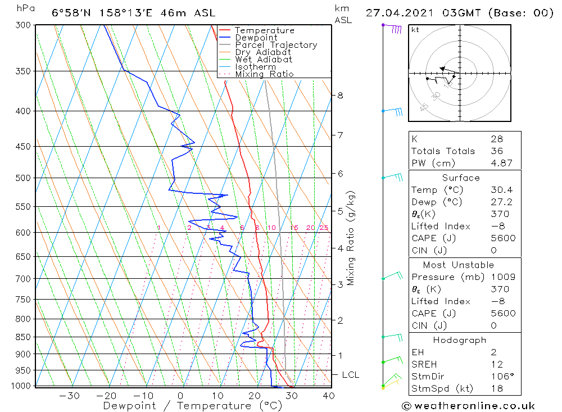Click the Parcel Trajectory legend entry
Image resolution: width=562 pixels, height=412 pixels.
pyautogui.click(x=276, y=45)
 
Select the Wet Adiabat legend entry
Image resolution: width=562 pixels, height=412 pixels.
pyautogui.click(x=264, y=60)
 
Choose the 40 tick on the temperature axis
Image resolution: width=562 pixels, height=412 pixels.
pyautogui.click(x=329, y=396)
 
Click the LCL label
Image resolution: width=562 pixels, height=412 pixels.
pyautogui.click(x=350, y=375)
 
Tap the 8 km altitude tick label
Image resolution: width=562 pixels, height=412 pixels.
pyautogui.click(x=340, y=95)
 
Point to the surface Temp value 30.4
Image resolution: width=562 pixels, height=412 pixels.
pyautogui.click(x=500, y=190)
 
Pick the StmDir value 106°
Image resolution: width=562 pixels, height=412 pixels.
pyautogui.click(x=500, y=377)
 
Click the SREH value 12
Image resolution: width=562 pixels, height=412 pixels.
pyautogui.click(x=495, y=365)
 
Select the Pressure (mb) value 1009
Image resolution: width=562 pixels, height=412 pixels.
pyautogui.click(x=500, y=277)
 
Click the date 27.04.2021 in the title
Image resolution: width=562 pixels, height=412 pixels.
pyautogui.click(x=401, y=13)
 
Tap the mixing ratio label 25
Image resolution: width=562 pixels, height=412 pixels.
pyautogui.click(x=324, y=228)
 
